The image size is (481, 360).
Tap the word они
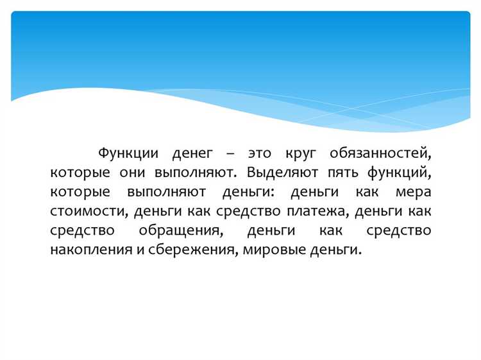132,173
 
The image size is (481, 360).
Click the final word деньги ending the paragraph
333,250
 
